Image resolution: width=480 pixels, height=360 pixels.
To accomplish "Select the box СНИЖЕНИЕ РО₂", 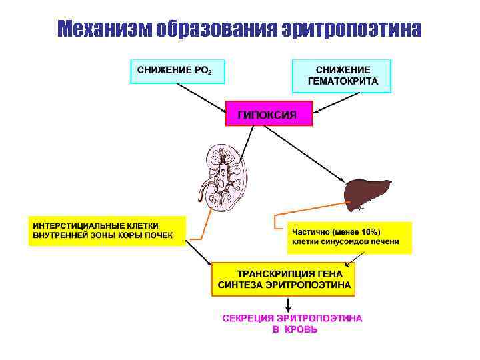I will point(177,71).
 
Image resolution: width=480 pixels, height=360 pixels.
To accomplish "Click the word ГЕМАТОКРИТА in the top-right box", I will point(343,81).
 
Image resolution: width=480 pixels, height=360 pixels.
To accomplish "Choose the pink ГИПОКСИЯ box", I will point(269,114).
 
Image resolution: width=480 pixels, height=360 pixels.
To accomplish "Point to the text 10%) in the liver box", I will point(388,231).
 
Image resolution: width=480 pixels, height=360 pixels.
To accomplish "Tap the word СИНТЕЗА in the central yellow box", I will point(239,284).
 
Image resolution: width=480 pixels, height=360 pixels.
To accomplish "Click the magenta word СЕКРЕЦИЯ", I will point(249,318).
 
